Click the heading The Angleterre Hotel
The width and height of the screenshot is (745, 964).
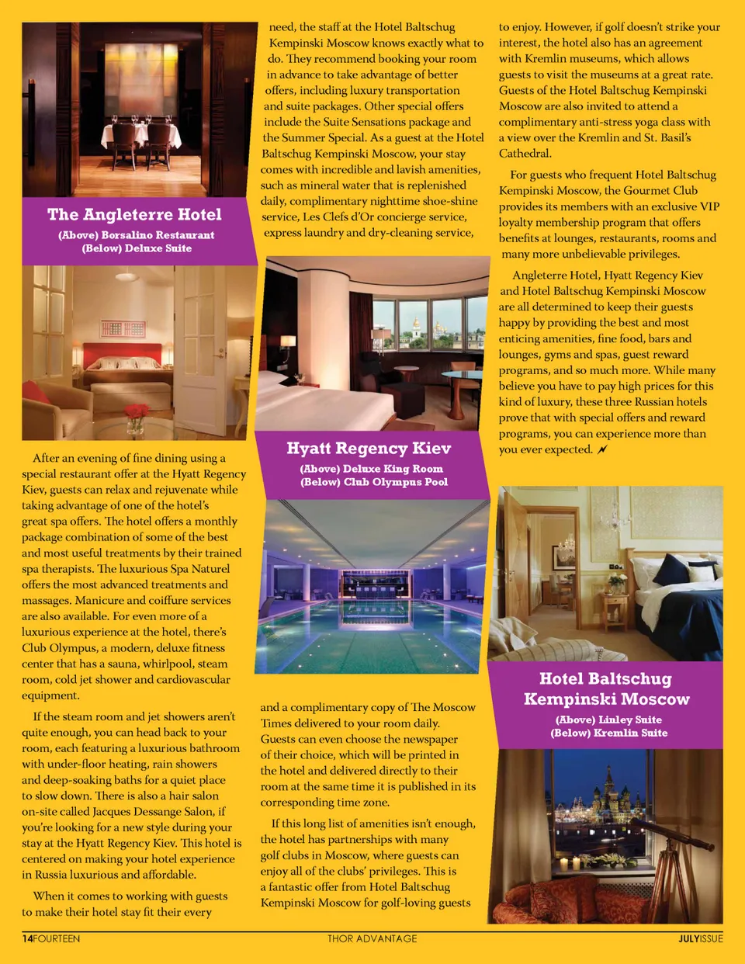[134, 215]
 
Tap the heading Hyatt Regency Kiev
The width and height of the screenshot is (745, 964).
[369, 449]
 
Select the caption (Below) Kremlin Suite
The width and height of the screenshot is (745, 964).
[609, 733]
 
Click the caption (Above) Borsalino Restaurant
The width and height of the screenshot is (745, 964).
[137, 235]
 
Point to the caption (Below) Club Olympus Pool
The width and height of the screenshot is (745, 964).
[374, 482]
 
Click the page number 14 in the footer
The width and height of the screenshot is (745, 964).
[27, 938]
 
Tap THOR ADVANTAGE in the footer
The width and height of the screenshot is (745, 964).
[372, 938]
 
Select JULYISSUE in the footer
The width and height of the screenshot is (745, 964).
[700, 938]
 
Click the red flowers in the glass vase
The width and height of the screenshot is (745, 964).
[136, 411]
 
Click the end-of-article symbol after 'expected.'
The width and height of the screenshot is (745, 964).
[603, 449]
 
